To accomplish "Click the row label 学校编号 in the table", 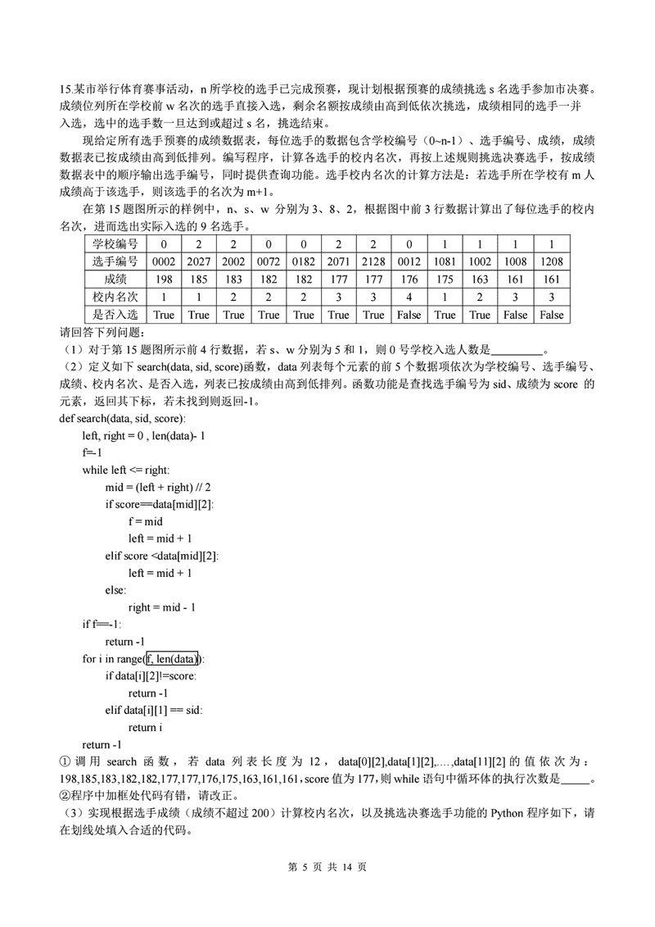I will pos(115,243).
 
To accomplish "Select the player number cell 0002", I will pos(164,261).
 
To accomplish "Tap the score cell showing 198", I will pos(164,279).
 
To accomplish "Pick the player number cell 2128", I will pos(373,261).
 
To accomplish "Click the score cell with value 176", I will pos(409,279).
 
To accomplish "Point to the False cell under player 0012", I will pos(409,315).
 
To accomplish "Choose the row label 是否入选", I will pos(115,315).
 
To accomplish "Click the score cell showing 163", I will pos(480,279).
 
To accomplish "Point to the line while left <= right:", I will pos(125,470).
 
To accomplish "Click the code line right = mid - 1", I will pos(161,607).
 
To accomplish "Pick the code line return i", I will pos(145,727).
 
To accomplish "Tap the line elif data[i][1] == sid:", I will pos(154,710).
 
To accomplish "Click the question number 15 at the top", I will pos(65,89).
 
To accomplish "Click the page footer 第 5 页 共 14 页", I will pos(327,867).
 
